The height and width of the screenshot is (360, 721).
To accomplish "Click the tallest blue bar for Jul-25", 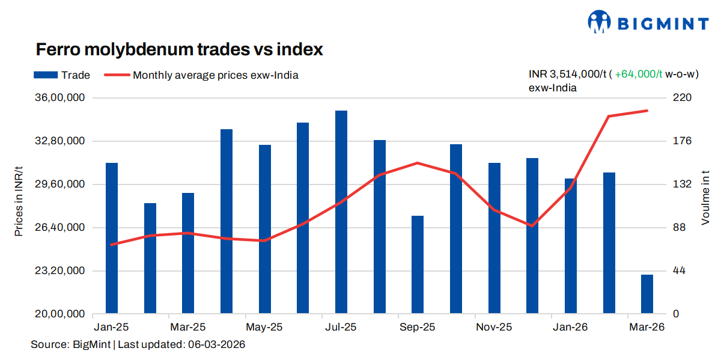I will (341, 212).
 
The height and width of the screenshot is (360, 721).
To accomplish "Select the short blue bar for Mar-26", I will (646, 294).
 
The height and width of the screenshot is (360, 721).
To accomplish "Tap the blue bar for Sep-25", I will (418, 264).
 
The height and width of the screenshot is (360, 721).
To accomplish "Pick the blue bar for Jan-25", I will (112, 238).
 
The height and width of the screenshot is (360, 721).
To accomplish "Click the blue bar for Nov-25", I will (494, 238).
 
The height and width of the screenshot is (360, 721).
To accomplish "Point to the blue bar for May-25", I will (265, 229).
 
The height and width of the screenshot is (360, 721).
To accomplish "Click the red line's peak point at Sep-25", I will (418, 163).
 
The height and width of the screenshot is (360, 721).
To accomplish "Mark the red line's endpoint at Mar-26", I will (647, 111).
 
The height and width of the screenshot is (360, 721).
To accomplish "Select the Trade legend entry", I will (61, 75).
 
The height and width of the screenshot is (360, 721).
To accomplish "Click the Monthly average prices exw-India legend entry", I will (201, 75).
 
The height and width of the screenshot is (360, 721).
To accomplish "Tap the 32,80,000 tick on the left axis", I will (61, 141).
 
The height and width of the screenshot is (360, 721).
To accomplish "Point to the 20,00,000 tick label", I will (61, 314).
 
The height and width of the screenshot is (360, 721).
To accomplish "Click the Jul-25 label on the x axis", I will (341, 328).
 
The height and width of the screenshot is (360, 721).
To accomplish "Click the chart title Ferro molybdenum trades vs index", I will (179, 49).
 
